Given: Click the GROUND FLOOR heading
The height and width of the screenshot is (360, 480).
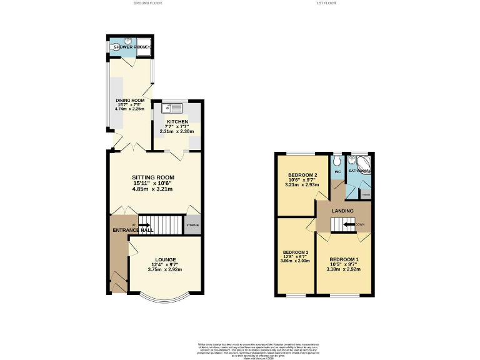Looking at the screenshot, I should click(x=147, y=4).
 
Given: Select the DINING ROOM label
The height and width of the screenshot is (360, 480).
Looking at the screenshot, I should click(x=129, y=101).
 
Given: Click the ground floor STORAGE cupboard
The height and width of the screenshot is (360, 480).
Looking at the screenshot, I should click(x=192, y=225).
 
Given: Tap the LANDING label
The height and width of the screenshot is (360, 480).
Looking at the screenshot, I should click(x=342, y=211).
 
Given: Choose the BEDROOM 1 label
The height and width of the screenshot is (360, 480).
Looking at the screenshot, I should click(x=344, y=259).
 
